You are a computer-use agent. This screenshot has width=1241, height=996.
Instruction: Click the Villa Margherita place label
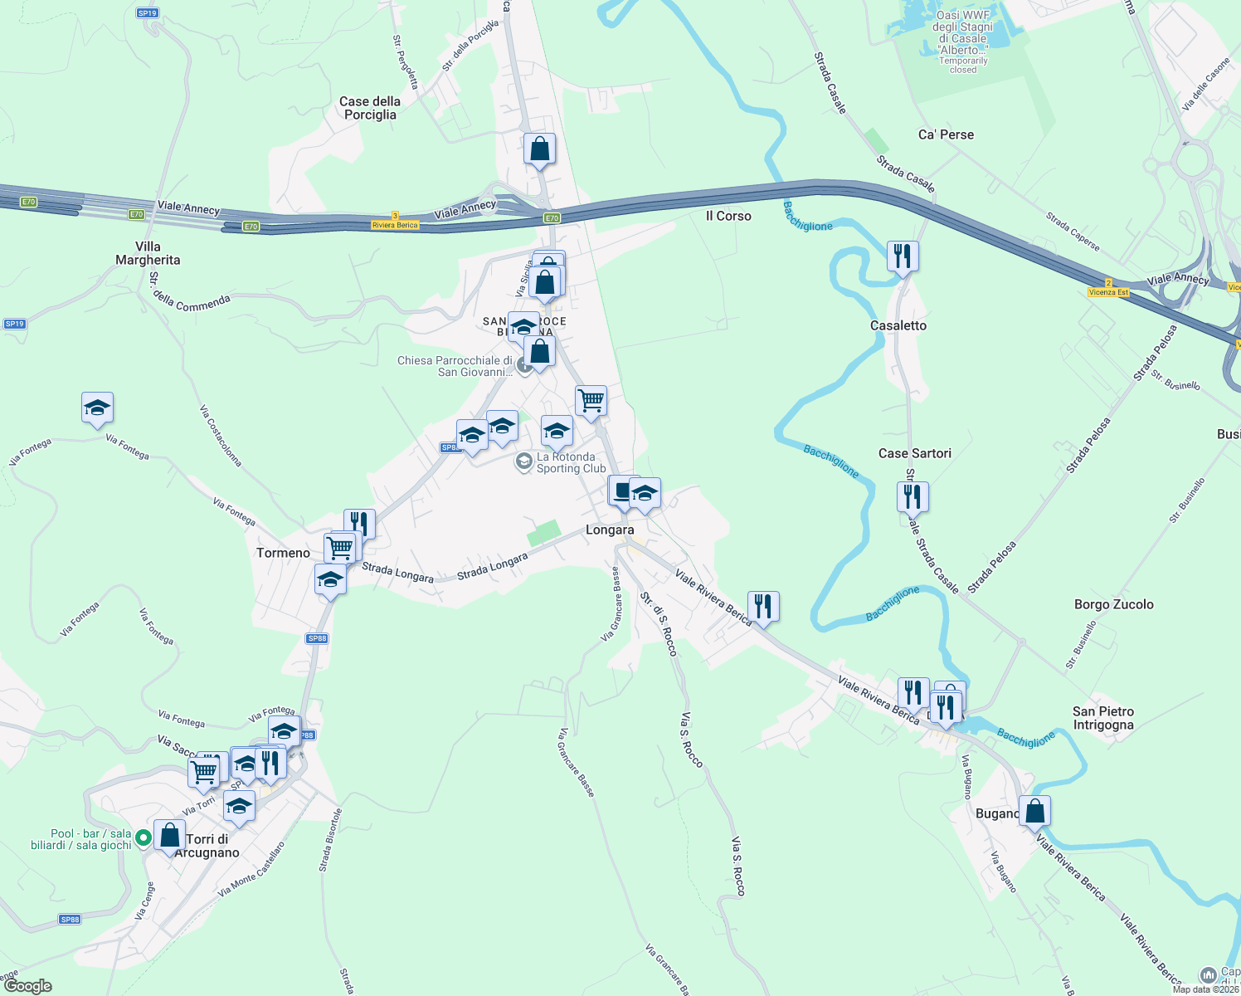[x=148, y=253]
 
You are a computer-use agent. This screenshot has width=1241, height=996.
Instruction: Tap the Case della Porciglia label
[x=370, y=108]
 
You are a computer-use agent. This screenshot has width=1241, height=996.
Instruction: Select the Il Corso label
[x=728, y=216]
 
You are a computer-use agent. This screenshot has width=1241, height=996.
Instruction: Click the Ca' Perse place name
[x=946, y=134]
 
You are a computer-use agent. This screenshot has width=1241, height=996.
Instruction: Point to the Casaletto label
[x=898, y=325]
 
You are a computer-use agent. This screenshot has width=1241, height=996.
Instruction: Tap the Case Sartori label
[x=915, y=453]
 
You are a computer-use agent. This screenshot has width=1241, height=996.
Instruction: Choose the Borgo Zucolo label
[x=1113, y=604]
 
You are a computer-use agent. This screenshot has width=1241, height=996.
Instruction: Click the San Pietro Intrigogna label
[x=1102, y=718]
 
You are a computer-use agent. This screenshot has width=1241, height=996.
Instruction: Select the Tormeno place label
[x=283, y=553]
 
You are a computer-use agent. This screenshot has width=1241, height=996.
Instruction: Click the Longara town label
[x=610, y=530]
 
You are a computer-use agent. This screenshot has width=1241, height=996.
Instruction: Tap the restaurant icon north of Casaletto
[x=903, y=256]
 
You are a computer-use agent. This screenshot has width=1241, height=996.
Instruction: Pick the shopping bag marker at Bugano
[x=1034, y=811]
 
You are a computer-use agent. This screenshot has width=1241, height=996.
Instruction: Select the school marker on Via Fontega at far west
[x=97, y=408]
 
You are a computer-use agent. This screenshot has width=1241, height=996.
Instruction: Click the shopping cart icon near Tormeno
[x=339, y=547]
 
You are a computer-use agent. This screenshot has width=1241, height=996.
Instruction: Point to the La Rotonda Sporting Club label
[x=571, y=462]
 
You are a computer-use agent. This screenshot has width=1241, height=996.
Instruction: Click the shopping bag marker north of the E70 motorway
[x=539, y=149]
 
